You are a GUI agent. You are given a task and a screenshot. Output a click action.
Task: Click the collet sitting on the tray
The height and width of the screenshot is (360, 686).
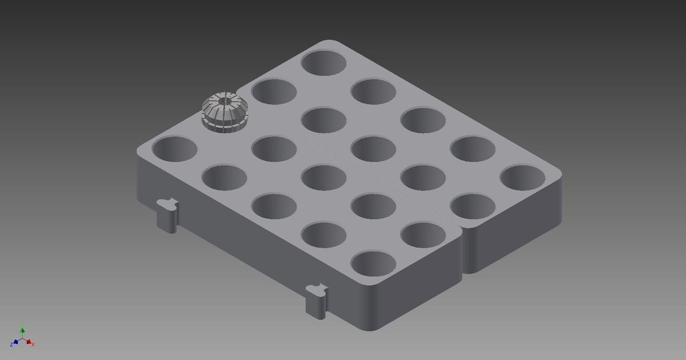click(224, 113)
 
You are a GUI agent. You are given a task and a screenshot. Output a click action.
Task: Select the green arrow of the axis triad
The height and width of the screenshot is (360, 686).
click(22, 330)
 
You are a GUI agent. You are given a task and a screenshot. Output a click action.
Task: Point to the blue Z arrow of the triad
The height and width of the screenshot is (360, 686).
click(13, 343)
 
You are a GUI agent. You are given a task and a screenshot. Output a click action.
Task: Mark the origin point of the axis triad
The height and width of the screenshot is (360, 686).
click(22, 340)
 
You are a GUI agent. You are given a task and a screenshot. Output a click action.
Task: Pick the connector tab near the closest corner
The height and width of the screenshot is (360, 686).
click(316, 298)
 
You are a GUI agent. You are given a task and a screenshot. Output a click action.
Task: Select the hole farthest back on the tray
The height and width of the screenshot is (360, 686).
click(324, 62)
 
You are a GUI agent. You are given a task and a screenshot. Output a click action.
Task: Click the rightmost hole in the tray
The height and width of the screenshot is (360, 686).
click(523, 177)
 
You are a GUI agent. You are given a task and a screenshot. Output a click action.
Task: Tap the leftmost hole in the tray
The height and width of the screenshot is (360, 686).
click(174, 148)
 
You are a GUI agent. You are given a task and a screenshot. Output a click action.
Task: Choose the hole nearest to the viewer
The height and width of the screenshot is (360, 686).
click(373, 263)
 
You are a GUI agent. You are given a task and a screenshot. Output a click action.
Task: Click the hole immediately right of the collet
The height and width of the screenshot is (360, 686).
click(273, 92)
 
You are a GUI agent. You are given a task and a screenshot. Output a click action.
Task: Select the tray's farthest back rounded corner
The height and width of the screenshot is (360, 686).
click(332, 42)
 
